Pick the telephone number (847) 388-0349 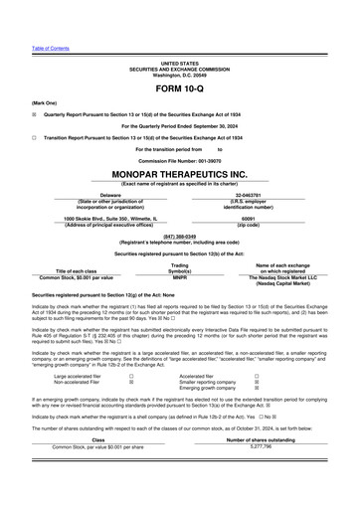[x=179, y=237]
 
